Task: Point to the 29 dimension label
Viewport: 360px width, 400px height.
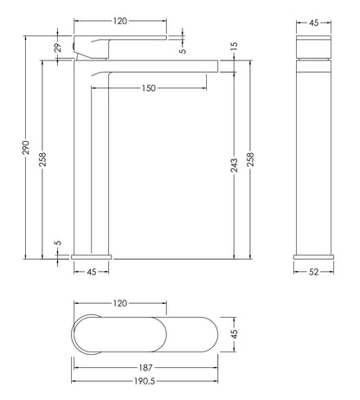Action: (58, 48)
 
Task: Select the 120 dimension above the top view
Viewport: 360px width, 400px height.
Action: (120, 303)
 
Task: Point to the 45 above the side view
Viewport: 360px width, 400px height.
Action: (316, 23)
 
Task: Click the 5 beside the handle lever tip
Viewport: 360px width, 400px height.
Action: (182, 50)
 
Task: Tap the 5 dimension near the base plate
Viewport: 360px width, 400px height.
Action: (58, 246)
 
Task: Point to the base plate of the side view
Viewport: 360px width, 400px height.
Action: (316, 255)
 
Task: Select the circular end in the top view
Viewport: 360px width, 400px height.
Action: (87, 334)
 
